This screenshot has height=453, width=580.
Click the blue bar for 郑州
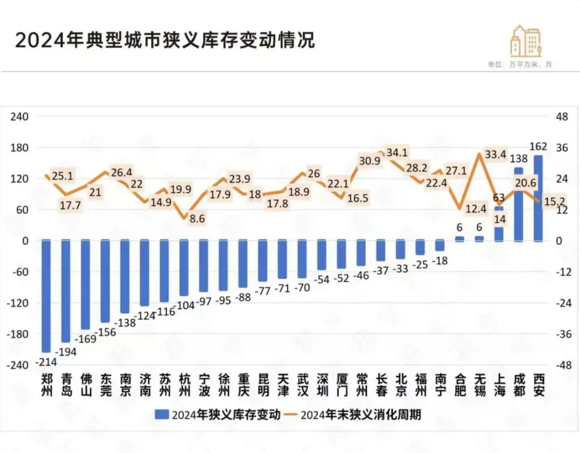coord(46,295)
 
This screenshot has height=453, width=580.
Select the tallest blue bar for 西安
coord(538,199)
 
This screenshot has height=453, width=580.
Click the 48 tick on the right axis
coord(562,116)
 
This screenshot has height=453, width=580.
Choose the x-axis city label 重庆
coord(244,384)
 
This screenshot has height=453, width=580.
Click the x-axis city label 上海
coord(499,384)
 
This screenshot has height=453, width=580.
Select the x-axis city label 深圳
coord(322,384)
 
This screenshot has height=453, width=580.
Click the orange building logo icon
coord(525,40)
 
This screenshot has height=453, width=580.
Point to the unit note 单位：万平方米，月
coord(519,64)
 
